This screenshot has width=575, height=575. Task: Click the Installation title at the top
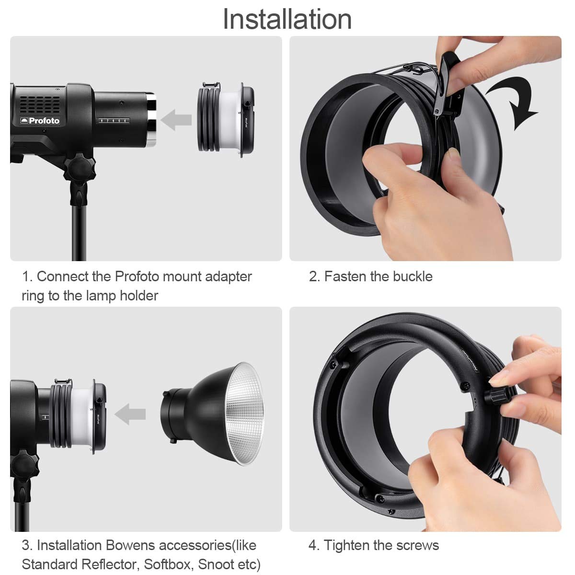pyautogui.click(x=287, y=19)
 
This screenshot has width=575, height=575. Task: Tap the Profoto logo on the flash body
pyautogui.click(x=40, y=121)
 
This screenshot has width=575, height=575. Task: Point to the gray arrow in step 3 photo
pyautogui.click(x=130, y=414)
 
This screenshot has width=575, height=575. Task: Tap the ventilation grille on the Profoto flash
pyautogui.click(x=40, y=103)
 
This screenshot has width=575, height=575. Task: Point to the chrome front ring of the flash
pyautogui.click(x=151, y=119)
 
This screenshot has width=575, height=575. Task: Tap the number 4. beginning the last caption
pyautogui.click(x=314, y=545)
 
